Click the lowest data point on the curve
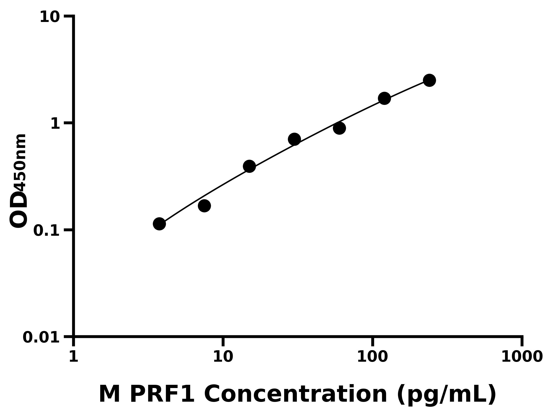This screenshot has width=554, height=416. click(159, 224)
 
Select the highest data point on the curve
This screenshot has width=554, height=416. click(430, 80)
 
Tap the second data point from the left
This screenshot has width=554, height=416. click(204, 206)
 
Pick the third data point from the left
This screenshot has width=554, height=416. click(250, 166)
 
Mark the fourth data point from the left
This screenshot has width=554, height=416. click(294, 139)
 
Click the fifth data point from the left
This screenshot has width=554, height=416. click(339, 128)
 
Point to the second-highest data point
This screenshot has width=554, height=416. click(384, 98)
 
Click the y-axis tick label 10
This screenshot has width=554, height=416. click(50, 18)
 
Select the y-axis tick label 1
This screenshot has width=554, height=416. click(55, 124)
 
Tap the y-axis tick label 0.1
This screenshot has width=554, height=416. click(47, 231)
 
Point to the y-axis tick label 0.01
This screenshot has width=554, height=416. click(41, 337)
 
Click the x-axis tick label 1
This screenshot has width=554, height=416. click(74, 357)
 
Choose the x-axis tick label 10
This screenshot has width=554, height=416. click(223, 357)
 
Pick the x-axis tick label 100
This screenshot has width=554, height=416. click(372, 357)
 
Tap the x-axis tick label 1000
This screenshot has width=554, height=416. click(522, 357)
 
